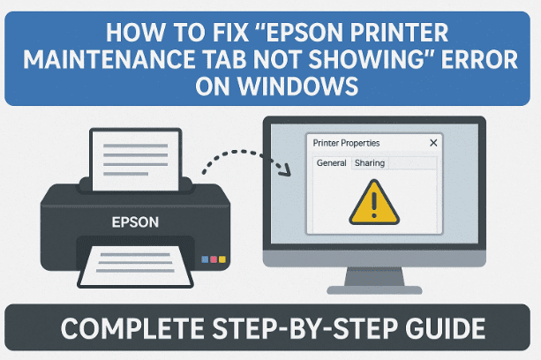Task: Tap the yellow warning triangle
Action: point(374,202)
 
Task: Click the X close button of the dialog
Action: point(432,142)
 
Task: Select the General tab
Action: point(332,163)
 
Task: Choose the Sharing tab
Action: point(369,163)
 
